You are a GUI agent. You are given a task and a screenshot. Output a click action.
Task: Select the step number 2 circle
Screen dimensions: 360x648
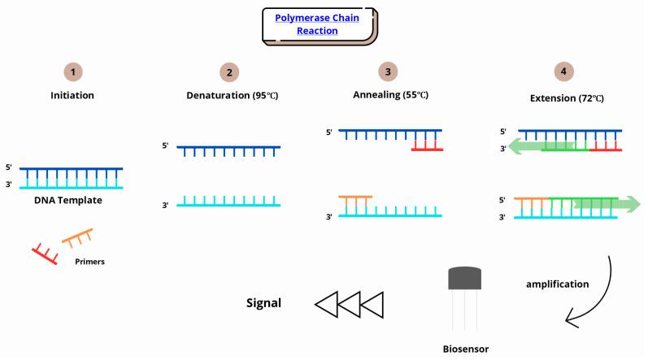point(229,72)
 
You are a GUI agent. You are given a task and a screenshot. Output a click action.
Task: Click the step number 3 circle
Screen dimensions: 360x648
point(389,72)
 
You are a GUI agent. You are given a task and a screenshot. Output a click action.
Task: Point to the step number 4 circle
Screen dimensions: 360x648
point(561,71)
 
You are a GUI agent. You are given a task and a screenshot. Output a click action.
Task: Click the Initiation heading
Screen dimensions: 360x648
point(73,95)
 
